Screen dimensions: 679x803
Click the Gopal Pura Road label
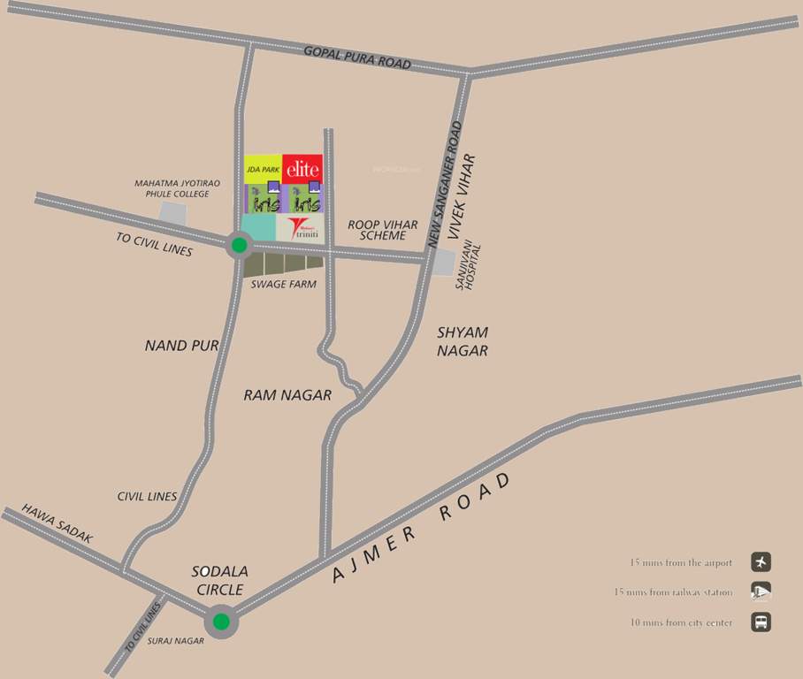coord(357,57)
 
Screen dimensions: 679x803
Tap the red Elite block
coord(302,168)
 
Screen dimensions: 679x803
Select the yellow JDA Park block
coord(263,168)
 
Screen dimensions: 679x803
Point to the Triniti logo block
coord(301,228)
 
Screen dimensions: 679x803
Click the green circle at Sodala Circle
coord(221,622)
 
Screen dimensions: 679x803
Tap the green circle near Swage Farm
coord(239,245)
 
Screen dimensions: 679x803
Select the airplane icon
coord(761,561)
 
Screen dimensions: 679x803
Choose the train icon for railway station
coord(761,592)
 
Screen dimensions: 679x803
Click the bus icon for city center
coord(761,622)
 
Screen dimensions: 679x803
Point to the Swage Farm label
coord(284,285)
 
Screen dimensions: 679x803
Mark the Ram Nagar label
coord(287,395)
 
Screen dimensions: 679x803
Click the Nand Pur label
coord(181,346)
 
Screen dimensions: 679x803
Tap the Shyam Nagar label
coord(463,341)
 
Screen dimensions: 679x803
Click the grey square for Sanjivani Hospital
coord(442,263)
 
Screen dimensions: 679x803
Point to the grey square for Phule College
coord(173,213)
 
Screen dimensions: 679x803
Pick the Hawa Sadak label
coord(57,524)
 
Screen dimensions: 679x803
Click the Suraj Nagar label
coord(177,641)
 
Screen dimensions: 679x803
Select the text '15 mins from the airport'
coord(681,562)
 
